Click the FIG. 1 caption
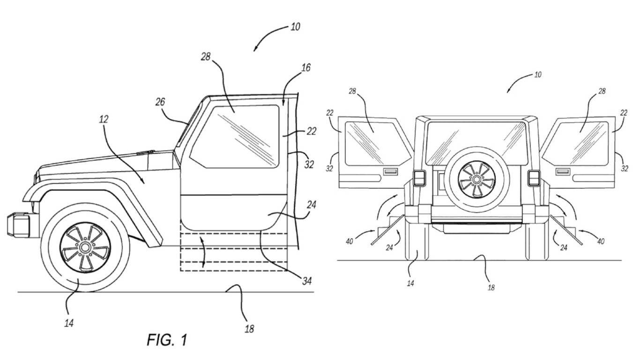coord(167,340)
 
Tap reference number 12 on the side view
coord(104,119)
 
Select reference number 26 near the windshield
coord(160,102)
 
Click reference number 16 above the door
coord(306,68)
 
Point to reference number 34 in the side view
coord(307,281)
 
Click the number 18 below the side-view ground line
coord(249,329)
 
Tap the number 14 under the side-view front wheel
coord(69,323)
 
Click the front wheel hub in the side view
coord(85,247)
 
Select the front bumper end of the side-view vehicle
coord(18,225)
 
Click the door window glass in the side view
coord(234,137)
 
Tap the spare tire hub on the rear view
coord(476,180)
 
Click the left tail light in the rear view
coord(419,179)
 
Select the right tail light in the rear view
coord(534,179)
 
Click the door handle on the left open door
coord(390,172)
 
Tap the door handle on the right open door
coord(563,172)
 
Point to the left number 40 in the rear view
coord(349,241)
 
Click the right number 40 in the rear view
coord(601,241)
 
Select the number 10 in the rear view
coord(538,75)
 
